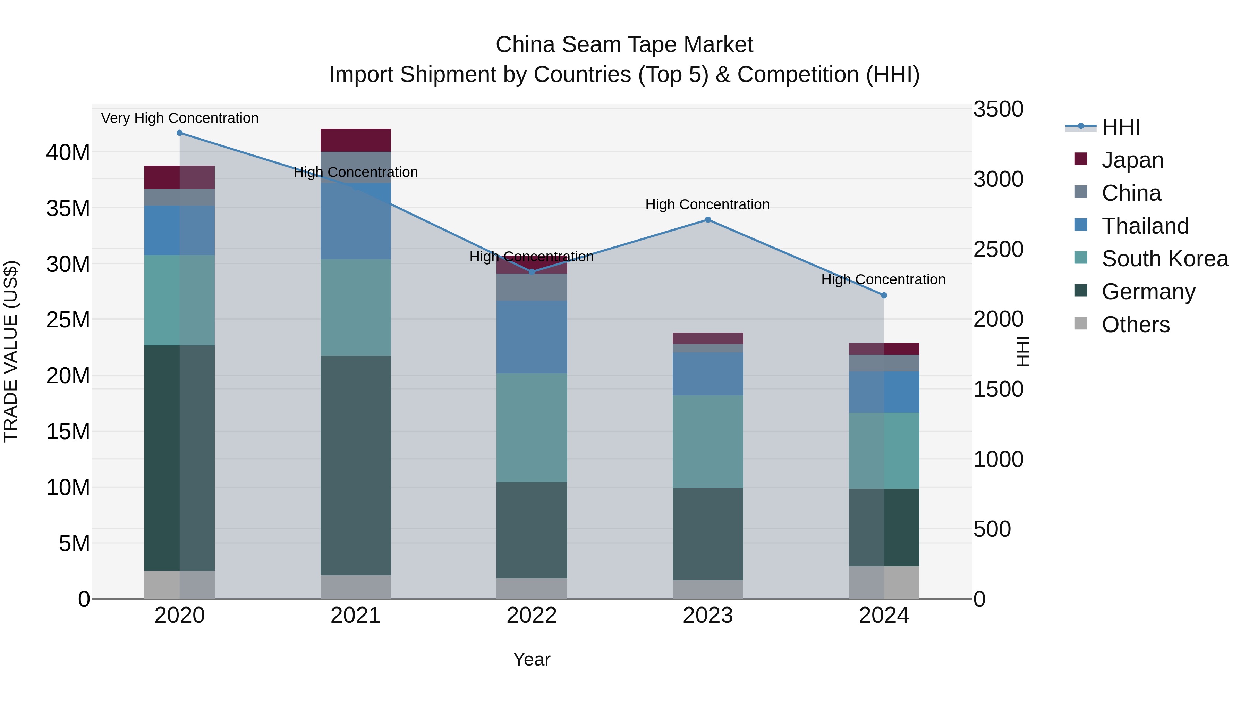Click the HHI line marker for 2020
coord(179,133)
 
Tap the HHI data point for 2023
coord(707,220)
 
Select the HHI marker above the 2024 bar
coord(883,295)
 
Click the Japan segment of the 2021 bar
coord(355,140)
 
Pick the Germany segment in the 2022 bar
coord(532,530)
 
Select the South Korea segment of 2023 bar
coord(707,442)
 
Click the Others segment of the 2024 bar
coord(883,582)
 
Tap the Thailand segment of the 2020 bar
coord(179,231)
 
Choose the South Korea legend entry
coord(1164,259)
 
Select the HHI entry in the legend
coord(1120,127)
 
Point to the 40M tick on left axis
coord(68,153)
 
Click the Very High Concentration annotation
coord(179,118)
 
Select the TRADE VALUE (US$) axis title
coord(11,351)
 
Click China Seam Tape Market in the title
coord(624,45)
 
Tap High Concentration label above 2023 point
coord(707,205)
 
